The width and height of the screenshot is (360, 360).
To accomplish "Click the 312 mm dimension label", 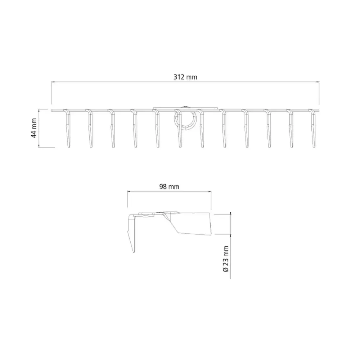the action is click(185, 77).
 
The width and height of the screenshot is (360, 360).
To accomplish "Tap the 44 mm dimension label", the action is click(34, 128).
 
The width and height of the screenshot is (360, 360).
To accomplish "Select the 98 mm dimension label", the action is click(169, 186).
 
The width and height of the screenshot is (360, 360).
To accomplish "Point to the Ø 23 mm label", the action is click(226, 259).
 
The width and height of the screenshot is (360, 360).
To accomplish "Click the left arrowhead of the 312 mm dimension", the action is click(53, 81).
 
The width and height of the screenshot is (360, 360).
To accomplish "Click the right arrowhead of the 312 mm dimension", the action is click(318, 81).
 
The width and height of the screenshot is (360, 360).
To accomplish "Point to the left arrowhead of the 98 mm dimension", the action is click(129, 191).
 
